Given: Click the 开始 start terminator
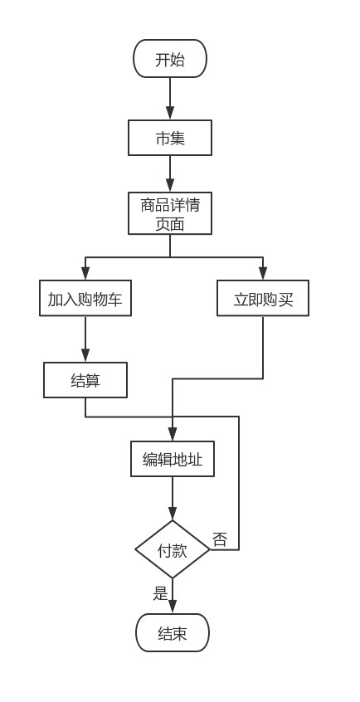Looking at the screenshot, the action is pyautogui.click(x=170, y=59).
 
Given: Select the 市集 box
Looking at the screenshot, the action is pyautogui.click(x=170, y=138).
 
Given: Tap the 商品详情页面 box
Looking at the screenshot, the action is pyautogui.click(x=170, y=213).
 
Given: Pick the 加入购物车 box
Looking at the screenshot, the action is pyautogui.click(x=85, y=298).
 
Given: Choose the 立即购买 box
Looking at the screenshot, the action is pyautogui.click(x=263, y=298).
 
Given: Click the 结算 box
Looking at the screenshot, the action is pyautogui.click(x=85, y=380).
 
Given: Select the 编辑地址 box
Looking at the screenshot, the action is pyautogui.click(x=173, y=459).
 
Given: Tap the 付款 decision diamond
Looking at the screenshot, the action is pyautogui.click(x=173, y=549).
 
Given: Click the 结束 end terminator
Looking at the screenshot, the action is pyautogui.click(x=173, y=632).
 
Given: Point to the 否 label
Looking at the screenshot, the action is pyautogui.click(x=220, y=539).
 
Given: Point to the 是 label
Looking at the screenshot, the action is pyautogui.click(x=160, y=593).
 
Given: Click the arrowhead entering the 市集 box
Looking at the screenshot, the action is pyautogui.click(x=170, y=114).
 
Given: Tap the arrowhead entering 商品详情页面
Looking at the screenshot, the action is pyautogui.click(x=170, y=186).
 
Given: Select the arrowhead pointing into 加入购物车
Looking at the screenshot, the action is pyautogui.click(x=85, y=274).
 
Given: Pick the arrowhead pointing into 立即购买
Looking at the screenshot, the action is pyautogui.click(x=263, y=274).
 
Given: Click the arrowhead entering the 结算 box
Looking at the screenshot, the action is pyautogui.click(x=85, y=355).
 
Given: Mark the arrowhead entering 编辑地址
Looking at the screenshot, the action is pyautogui.click(x=173, y=434).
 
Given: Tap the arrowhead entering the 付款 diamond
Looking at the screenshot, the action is pyautogui.click(x=173, y=514).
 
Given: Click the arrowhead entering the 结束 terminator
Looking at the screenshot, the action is pyautogui.click(x=173, y=607).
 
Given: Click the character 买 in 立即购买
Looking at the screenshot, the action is pyautogui.click(x=285, y=299).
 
